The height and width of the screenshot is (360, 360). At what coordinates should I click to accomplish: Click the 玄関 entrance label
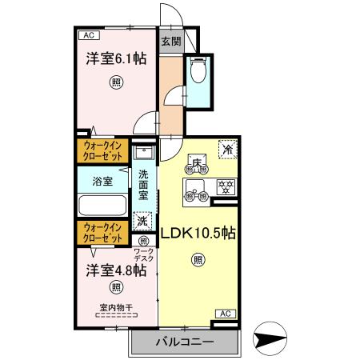pyautogui.click(x=169, y=42)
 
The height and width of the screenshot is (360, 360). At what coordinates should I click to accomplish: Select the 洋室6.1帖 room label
pyautogui.click(x=116, y=58)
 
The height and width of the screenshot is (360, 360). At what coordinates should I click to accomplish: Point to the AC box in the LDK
pyautogui.click(x=224, y=313)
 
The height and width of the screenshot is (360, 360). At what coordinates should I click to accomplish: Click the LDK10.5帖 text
pyautogui.click(x=198, y=234)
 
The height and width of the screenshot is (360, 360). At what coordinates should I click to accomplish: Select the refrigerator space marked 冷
pyautogui.click(x=227, y=149)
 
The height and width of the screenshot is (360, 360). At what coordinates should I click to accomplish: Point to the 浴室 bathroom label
pyautogui.click(x=102, y=181)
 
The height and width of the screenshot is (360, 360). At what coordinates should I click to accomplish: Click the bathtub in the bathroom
pyautogui.click(x=102, y=206)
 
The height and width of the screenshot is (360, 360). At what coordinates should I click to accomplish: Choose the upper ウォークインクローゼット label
pyautogui.click(x=102, y=150)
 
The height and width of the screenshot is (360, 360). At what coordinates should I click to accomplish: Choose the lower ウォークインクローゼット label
pyautogui.click(x=102, y=233)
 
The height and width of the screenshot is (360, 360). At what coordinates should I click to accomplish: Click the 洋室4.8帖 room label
pyautogui.click(x=116, y=270)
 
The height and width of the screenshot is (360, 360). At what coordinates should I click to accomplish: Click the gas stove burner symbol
pyautogui.click(x=226, y=188)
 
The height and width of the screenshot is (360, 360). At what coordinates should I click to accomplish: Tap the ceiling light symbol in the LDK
pyautogui.click(x=198, y=259)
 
